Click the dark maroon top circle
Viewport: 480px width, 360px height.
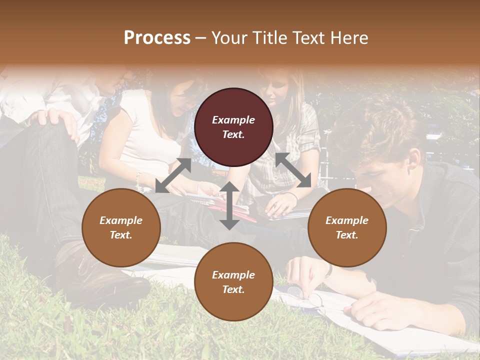click(x=233, y=127)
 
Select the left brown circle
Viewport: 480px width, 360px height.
click(x=121, y=227)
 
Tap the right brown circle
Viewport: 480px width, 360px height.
click(x=346, y=227)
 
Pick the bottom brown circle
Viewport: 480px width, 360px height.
click(x=233, y=281)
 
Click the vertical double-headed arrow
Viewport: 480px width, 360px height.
click(x=229, y=205)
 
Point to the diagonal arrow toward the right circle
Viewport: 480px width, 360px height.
click(x=293, y=170)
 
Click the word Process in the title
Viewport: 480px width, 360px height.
click(x=157, y=37)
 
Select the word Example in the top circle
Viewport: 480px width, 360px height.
click(x=233, y=120)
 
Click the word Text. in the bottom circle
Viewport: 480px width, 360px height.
click(x=233, y=289)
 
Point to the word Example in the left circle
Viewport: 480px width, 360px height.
click(x=121, y=220)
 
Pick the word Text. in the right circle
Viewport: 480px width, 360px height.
click(x=346, y=235)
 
